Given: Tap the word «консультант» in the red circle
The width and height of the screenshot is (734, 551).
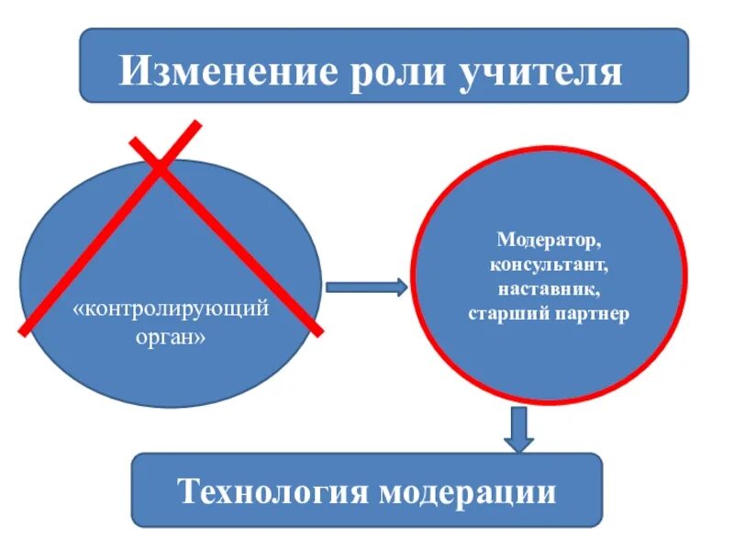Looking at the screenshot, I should coord(549,266).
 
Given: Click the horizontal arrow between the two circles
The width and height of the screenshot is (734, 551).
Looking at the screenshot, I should coord(365,287).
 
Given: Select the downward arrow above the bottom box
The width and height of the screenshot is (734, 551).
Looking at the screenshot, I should coord(519,428).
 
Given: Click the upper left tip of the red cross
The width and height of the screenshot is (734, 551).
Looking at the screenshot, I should coord(131,141).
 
